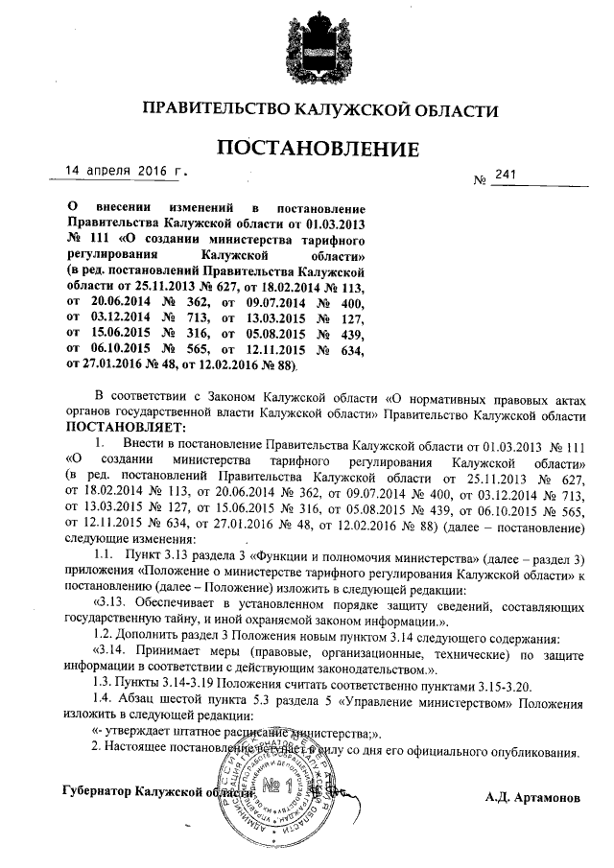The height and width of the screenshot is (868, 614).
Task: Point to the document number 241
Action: tap(507, 175)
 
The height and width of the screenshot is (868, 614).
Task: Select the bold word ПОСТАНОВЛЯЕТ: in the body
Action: tap(119, 426)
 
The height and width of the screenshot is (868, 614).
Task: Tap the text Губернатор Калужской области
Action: tap(153, 789)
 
